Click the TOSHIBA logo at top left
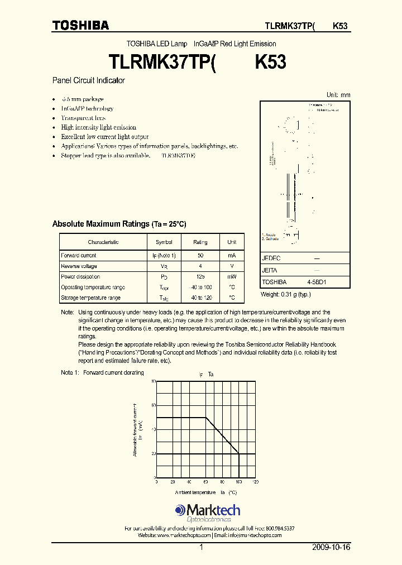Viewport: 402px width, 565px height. pos(80,25)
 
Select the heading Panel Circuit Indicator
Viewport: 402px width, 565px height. pos(88,80)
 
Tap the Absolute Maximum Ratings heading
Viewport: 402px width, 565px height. pos(119,224)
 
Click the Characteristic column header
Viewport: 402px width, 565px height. pos(103,242)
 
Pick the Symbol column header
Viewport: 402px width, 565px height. pos(164,242)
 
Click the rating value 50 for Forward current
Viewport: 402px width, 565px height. pos(200,255)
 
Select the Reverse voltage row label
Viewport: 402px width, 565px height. pos(79,266)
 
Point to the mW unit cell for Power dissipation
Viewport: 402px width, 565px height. pos(232,277)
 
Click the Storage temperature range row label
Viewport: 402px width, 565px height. pos(90,298)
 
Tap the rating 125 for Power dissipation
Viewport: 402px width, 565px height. pos(200,277)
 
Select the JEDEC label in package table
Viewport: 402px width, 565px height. pos(271,258)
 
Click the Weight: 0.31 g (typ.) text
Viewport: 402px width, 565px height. pos(286,294)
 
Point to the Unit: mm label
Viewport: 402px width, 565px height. pos(338,95)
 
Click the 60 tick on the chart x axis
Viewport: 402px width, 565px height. pos(206,482)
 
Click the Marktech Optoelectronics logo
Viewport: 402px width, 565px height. pos(207,513)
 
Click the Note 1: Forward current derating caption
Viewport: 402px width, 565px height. pos(103,372)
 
